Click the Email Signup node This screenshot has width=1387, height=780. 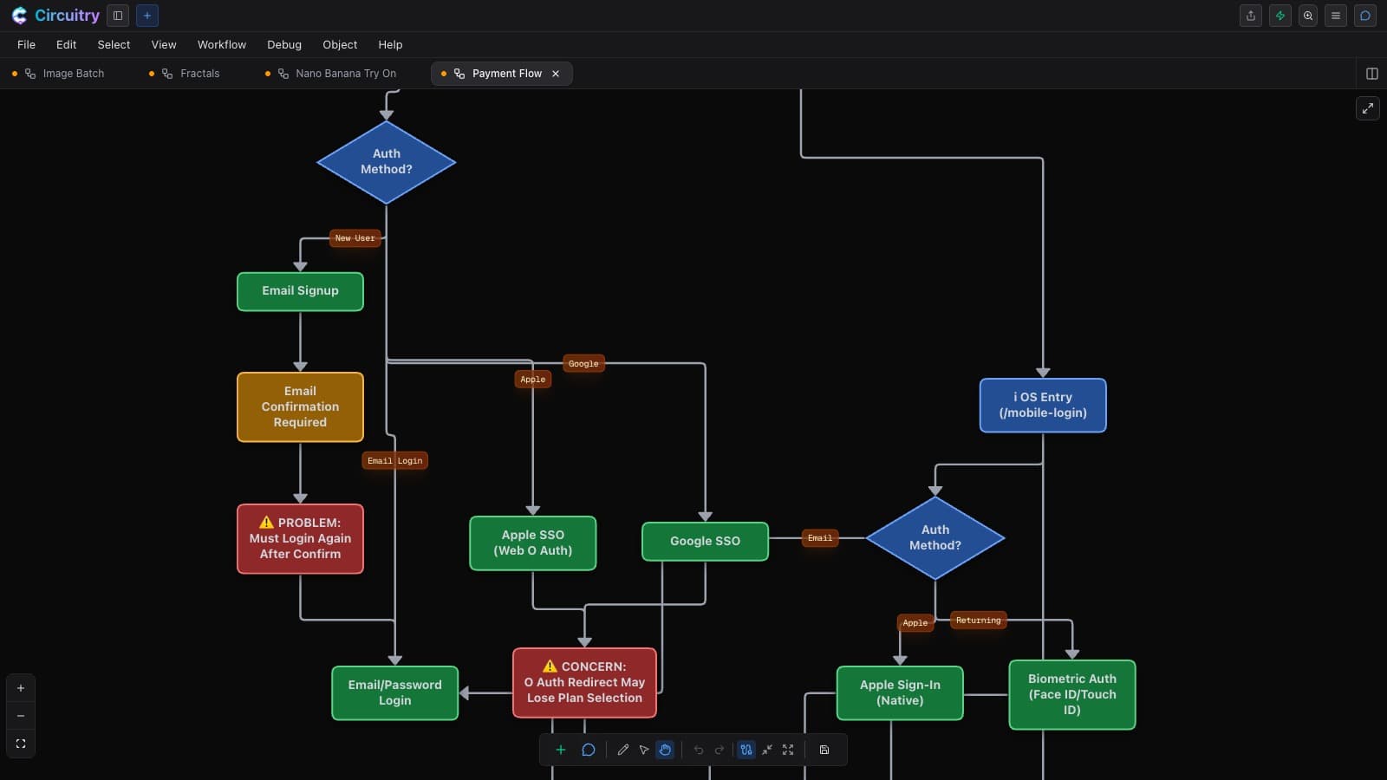pyautogui.click(x=300, y=291)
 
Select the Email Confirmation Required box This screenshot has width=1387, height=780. pyautogui.click(x=300, y=406)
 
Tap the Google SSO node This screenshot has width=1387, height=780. pyautogui.click(x=705, y=541)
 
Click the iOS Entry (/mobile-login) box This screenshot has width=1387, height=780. pyautogui.click(x=1043, y=405)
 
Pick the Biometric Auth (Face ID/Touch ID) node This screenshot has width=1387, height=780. pyautogui.click(x=1071, y=694)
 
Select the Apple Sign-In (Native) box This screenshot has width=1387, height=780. pyautogui.click(x=900, y=692)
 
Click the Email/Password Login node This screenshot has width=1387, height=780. pyautogui.click(x=394, y=692)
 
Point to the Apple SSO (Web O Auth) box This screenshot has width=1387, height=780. pyautogui.click(x=532, y=543)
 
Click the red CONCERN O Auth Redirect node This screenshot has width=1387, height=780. pyautogui.click(x=584, y=683)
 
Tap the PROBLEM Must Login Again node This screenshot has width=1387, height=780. pyautogui.click(x=300, y=538)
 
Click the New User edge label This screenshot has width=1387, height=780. pyautogui.click(x=355, y=237)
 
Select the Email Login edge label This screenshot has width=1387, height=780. pyautogui.click(x=394, y=460)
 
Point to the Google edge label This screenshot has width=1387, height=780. pyautogui.click(x=583, y=363)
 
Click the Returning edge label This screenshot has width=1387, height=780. pyautogui.click(x=978, y=621)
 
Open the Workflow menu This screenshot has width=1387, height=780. pyautogui.click(x=222, y=44)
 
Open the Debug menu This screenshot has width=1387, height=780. pyautogui.click(x=284, y=44)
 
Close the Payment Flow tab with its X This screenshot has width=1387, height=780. pyautogui.click(x=556, y=74)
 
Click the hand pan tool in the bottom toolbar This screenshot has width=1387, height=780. pyautogui.click(x=665, y=750)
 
